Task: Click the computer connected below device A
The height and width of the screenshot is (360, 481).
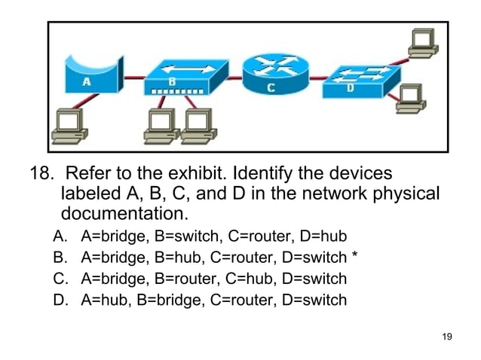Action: pos(68,125)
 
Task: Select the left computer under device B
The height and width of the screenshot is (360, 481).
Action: pos(159,125)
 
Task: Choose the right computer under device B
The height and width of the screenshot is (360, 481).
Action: pos(198,125)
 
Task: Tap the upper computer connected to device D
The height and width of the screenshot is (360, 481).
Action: pos(422,41)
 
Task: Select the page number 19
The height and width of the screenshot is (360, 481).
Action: pos(446,336)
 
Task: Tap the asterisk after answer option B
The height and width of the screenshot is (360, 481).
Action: pos(354,258)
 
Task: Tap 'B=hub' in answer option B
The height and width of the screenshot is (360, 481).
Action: pos(178,258)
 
